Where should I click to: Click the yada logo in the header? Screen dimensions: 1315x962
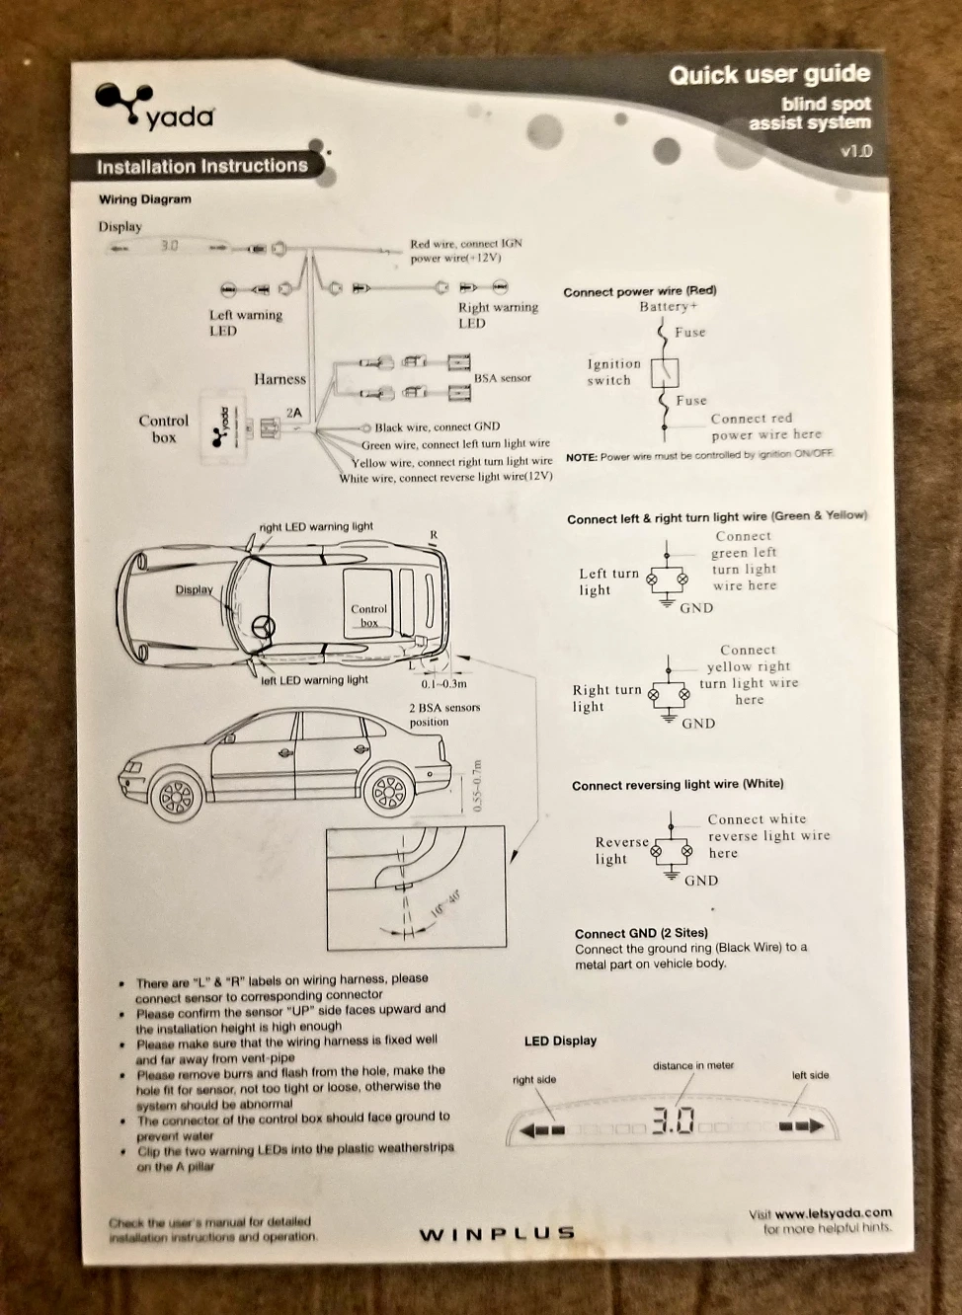coord(153,108)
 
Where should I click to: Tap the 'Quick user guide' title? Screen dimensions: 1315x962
coord(768,75)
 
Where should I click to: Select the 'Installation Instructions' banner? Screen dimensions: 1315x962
coord(201,166)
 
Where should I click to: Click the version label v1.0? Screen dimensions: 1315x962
coord(855,151)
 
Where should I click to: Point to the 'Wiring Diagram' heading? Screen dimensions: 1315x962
coord(145,199)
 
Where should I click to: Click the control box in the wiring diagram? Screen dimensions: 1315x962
coord(223,425)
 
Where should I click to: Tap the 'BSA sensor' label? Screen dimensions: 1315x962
coord(502,378)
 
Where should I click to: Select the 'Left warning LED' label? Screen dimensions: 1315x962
coord(245,323)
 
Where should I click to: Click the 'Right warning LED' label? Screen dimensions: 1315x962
coord(498,315)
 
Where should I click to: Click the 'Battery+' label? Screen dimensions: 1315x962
coord(668,307)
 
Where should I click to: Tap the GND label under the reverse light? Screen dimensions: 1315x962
coord(701,881)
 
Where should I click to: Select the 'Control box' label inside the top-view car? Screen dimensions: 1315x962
coord(368,615)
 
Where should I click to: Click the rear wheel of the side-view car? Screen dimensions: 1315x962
coord(388,790)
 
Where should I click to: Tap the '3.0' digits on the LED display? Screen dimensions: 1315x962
coord(673,1122)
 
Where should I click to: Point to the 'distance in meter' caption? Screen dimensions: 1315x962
coord(693,1066)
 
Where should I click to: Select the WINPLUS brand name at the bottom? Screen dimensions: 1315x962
coord(497,1233)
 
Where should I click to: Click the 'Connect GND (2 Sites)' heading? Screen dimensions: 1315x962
coord(641,933)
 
